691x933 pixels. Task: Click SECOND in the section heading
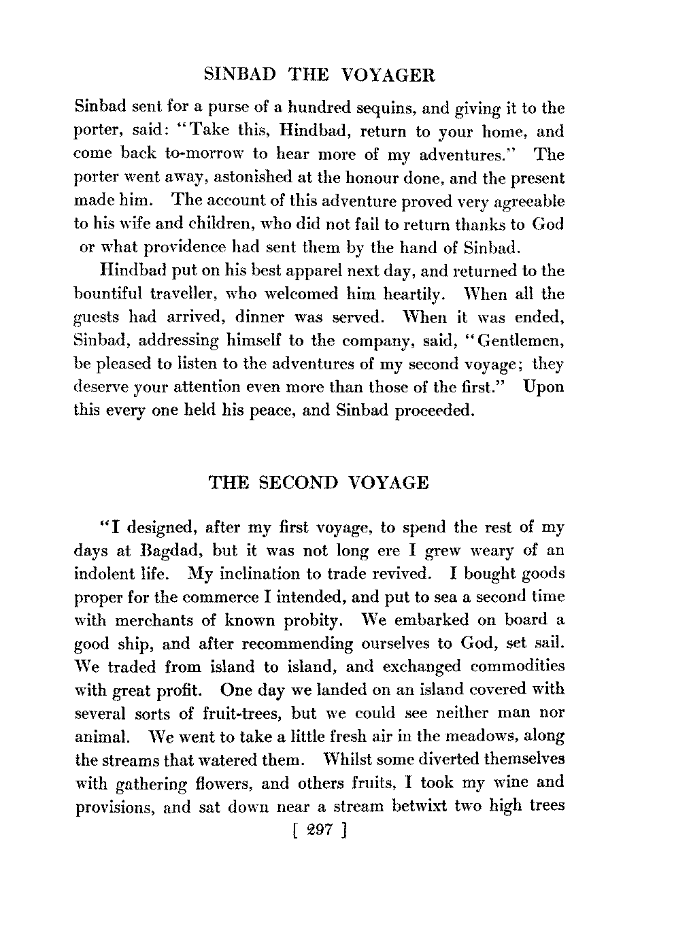coord(299,483)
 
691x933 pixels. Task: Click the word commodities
coord(518,666)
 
